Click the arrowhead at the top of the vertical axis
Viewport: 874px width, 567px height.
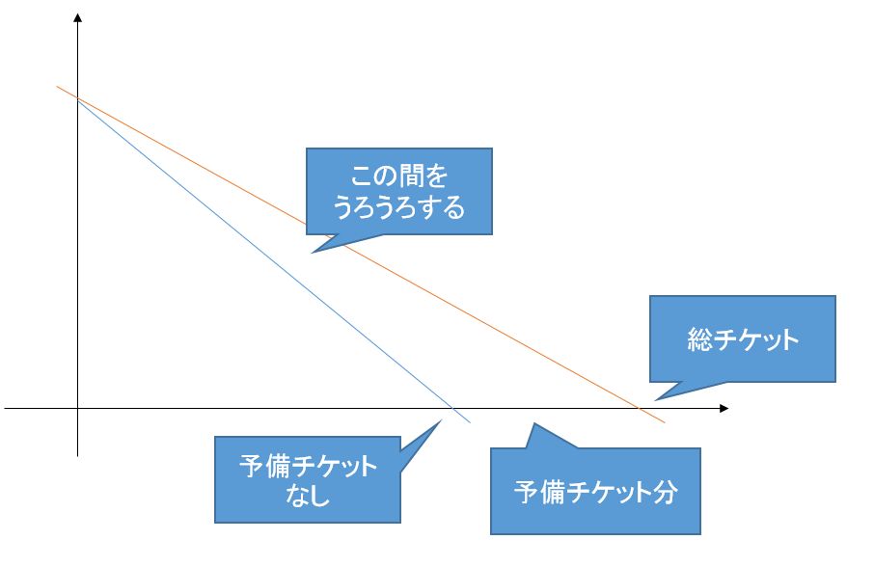pyautogui.click(x=77, y=16)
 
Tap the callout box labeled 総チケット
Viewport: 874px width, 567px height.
pyautogui.click(x=742, y=339)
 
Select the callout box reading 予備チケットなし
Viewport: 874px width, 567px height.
pyautogui.click(x=308, y=479)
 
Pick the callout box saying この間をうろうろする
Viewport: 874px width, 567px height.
pyautogui.click(x=398, y=191)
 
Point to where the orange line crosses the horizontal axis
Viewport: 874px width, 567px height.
pyautogui.click(x=639, y=410)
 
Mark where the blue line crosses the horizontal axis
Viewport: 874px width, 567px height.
pyautogui.click(x=453, y=410)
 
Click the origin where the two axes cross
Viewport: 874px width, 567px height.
pyautogui.click(x=77, y=410)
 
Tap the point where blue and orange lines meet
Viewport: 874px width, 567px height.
pyautogui.click(x=76, y=98)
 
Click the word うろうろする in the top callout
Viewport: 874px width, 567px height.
pyautogui.click(x=398, y=206)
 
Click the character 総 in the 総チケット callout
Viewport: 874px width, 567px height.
pyautogui.click(x=700, y=339)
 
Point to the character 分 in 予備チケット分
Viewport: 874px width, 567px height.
pyautogui.click(x=666, y=492)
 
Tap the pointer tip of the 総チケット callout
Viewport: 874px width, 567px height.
pyautogui.click(x=654, y=398)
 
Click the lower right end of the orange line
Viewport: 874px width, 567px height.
pyautogui.click(x=665, y=422)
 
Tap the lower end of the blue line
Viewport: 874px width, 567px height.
pyautogui.click(x=470, y=423)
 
